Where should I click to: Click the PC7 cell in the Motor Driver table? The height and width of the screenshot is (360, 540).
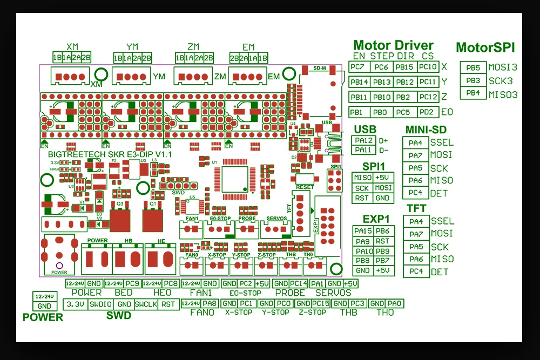tap(357, 67)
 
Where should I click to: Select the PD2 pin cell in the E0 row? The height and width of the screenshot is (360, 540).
tap(427, 112)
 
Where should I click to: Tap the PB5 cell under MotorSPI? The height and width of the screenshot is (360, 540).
tap(473, 68)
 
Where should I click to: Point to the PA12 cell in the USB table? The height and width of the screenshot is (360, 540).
tap(362, 140)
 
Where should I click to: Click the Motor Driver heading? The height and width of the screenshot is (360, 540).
tap(393, 45)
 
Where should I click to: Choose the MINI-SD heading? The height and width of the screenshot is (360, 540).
tap(426, 130)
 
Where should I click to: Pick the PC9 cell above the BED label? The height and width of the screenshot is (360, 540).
tap(133, 283)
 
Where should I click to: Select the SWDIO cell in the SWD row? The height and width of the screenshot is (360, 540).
tap(101, 304)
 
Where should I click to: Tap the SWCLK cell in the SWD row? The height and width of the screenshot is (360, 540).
tap(146, 304)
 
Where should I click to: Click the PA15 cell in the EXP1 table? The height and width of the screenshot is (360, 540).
tap(363, 231)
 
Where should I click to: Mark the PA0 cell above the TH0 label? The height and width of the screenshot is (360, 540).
tap(395, 303)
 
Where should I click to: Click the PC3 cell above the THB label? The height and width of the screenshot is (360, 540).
tap(358, 303)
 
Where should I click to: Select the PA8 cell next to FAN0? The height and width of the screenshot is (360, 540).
tap(210, 303)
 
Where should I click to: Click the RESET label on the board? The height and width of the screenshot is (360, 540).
tap(305, 187)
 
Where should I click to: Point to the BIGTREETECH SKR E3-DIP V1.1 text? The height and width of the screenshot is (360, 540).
tap(106, 154)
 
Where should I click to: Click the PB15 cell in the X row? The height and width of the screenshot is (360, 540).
tap(404, 67)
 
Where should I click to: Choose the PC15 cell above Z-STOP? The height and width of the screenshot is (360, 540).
tap(320, 303)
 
